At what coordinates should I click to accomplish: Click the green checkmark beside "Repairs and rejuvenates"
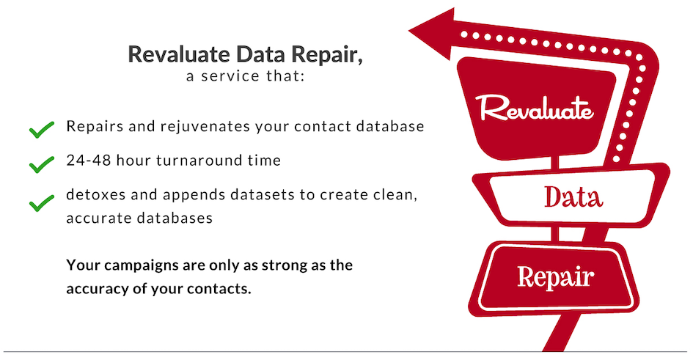point(42,130)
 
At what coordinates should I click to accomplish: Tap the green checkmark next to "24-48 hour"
point(42,164)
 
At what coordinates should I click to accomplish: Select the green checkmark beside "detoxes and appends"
point(42,203)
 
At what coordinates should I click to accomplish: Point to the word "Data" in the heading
point(261,54)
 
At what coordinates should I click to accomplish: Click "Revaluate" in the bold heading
point(179,54)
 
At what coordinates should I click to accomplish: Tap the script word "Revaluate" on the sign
point(535,108)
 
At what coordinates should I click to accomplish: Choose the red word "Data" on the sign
point(573,196)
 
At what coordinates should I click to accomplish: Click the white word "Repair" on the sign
point(556,277)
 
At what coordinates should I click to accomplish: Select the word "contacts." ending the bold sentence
point(219,289)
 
